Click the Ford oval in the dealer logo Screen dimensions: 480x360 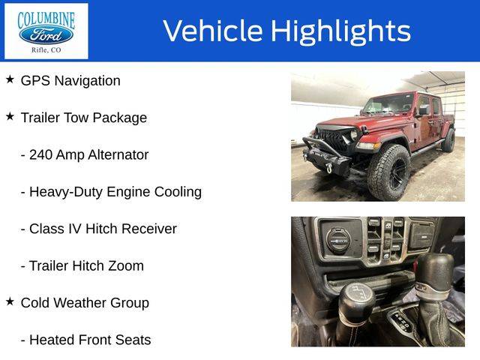pos(46,35)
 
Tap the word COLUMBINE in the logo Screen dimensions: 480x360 pos(46,19)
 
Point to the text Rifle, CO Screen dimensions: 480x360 pos(46,50)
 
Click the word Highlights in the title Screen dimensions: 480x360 pos(340,31)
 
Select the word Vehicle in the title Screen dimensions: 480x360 pos(213,31)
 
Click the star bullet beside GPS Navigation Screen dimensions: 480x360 pos(10,79)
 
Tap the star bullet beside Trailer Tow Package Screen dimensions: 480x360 pos(10,116)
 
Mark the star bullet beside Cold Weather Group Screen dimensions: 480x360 pos(10,301)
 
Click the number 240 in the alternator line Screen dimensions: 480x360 pos(40,155)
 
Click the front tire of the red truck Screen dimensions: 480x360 pos(389,172)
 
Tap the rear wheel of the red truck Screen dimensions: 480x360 pos(448,140)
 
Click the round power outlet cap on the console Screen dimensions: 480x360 pos(338,241)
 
